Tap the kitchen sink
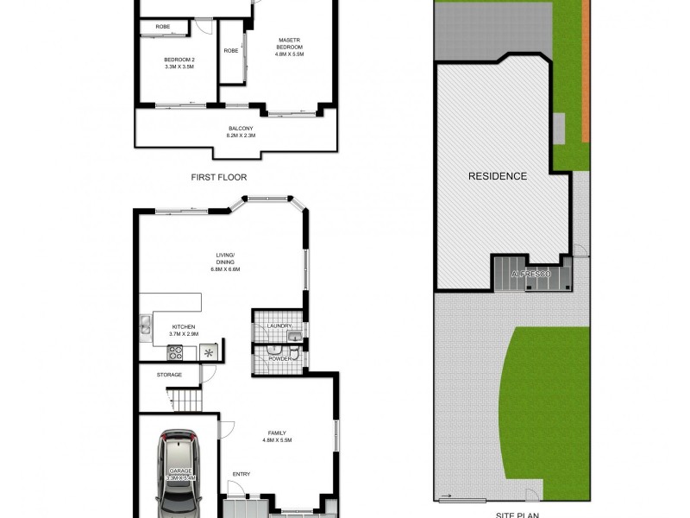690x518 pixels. point(145,327)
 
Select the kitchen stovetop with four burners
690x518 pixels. point(175,351)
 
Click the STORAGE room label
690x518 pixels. point(169,375)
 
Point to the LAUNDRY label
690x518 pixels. point(279,325)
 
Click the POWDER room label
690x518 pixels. point(279,357)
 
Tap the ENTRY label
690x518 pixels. point(242,474)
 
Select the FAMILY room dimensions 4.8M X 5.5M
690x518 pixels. point(277,440)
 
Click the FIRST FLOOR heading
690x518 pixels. point(219,176)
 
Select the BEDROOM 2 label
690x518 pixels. point(179,60)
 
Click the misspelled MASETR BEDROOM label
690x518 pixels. point(289,43)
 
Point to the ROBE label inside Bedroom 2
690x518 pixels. point(162,28)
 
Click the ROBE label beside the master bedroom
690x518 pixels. point(231,51)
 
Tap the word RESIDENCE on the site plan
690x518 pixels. point(497,176)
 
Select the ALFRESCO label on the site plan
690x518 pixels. point(530,274)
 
